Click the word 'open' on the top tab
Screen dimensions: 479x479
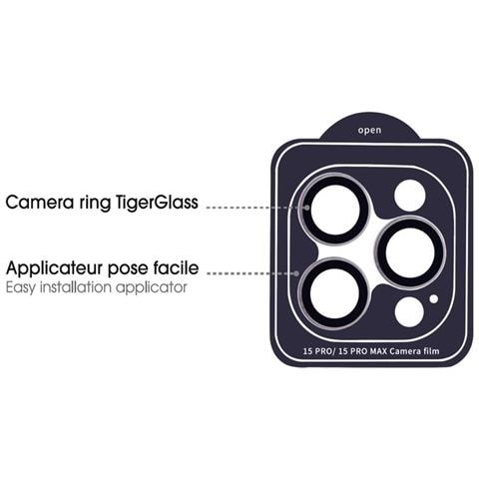(x=369, y=131)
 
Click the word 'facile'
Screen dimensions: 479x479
(x=176, y=267)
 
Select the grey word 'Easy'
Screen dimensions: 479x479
(x=20, y=288)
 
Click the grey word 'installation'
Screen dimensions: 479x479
(x=76, y=287)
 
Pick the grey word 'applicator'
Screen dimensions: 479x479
(x=152, y=288)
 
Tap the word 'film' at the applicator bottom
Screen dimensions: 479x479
(x=432, y=351)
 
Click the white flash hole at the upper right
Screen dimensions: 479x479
(x=410, y=196)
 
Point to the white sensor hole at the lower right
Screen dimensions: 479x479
(x=409, y=312)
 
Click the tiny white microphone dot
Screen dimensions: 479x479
(x=433, y=299)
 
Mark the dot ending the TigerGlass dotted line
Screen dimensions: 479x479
(x=307, y=208)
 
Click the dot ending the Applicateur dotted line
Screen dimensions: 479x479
(x=296, y=273)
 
